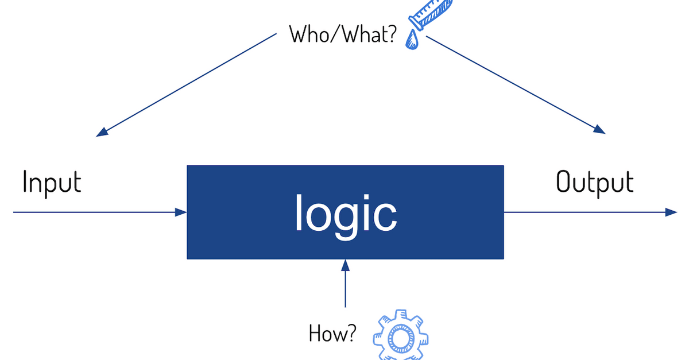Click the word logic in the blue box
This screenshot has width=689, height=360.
tap(345, 213)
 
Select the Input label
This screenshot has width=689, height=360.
tap(52, 182)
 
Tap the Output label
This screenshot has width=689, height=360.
tap(594, 183)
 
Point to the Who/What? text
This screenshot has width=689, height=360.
tap(343, 34)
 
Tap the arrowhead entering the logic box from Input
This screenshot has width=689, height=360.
tap(182, 212)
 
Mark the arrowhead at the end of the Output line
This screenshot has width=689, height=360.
tap(672, 212)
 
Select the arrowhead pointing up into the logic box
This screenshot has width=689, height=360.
tap(345, 265)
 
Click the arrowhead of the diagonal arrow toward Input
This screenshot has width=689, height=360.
tap(102, 132)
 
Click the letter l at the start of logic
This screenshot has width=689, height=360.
tap(299, 212)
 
